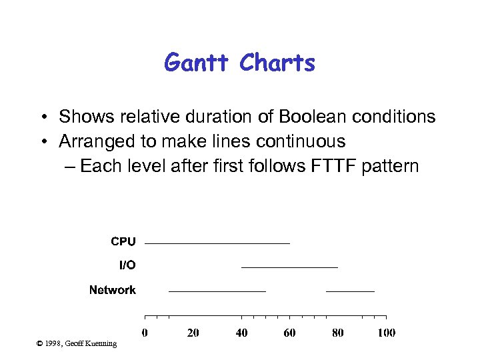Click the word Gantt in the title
pos(198,63)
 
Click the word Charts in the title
pos(277,63)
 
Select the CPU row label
pos(123,241)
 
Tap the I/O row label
pos(127,265)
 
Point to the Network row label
pos(113,290)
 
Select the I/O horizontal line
pos(289,267)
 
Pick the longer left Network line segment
pos(217,291)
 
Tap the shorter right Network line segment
pos(350,291)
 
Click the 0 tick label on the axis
pos(145,333)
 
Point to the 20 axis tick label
pos(193,333)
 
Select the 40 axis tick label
pos(241,333)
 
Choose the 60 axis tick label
pos(289,333)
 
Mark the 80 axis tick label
pos(338,333)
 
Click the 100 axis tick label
pos(386,333)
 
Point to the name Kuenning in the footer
pos(100,343)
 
